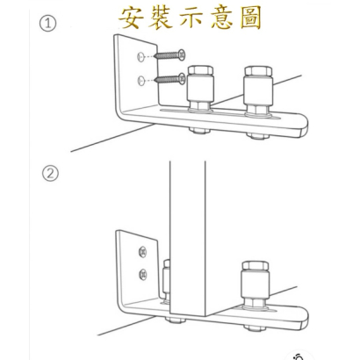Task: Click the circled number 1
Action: tap(47, 24)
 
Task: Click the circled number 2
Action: tap(50, 174)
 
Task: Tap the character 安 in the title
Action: tap(131, 18)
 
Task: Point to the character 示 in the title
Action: tap(191, 18)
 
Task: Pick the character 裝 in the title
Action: tap(161, 18)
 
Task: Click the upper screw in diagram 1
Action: tap(169, 54)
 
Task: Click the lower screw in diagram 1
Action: tap(169, 78)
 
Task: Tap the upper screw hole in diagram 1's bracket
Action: tap(140, 57)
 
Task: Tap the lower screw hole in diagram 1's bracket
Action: tap(141, 81)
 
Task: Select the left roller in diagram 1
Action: tap(200, 90)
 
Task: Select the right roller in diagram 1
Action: tap(258, 90)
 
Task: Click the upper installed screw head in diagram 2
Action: tap(142, 252)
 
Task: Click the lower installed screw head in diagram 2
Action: tap(143, 275)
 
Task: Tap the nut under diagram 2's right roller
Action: tap(255, 328)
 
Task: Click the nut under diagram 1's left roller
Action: tap(200, 130)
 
